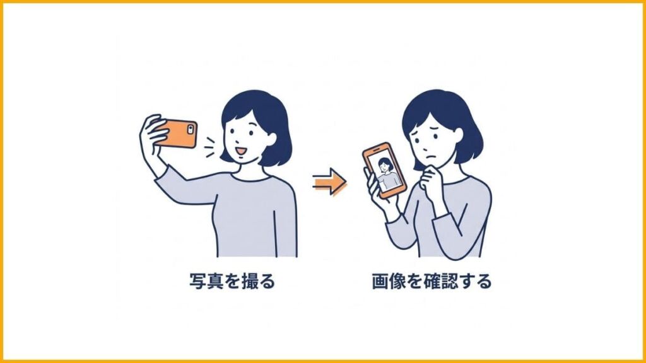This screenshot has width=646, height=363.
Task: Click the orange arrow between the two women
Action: pyautogui.click(x=330, y=182)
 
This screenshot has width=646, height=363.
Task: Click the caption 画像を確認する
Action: pyautogui.click(x=432, y=281)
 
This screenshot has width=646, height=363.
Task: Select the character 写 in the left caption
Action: pyautogui.click(x=197, y=281)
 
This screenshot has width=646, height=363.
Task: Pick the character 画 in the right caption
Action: pyautogui.click(x=380, y=281)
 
